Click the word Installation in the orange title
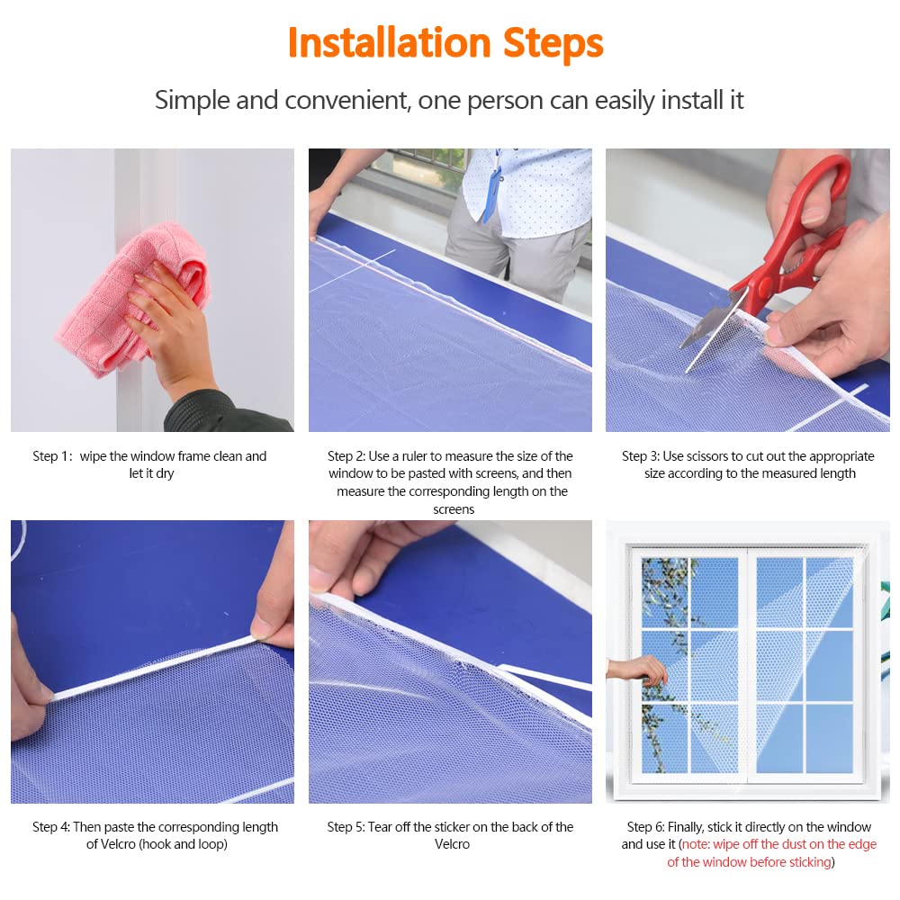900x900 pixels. pyautogui.click(x=389, y=42)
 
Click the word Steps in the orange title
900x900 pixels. pyautogui.click(x=553, y=44)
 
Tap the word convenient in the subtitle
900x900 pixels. pyautogui.click(x=347, y=100)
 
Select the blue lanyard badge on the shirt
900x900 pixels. pyautogui.click(x=491, y=188)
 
